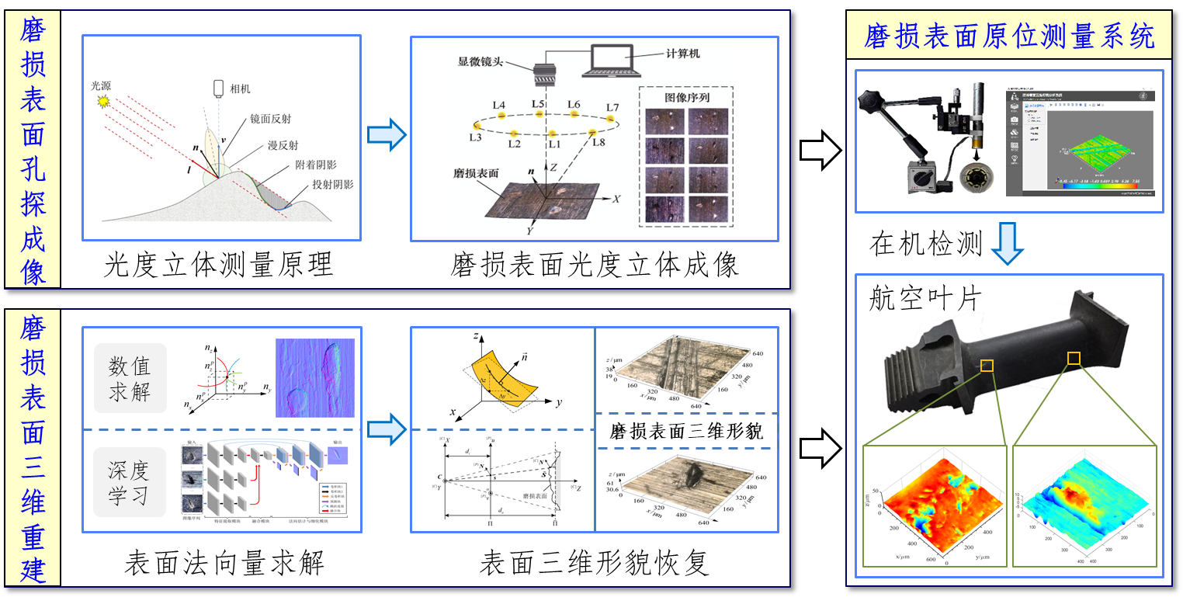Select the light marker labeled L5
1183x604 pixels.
point(539,115)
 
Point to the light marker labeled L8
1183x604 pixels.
point(592,133)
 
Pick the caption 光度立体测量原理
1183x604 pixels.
point(219,265)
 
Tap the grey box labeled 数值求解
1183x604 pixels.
point(130,378)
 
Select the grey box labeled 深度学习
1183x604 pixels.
point(130,482)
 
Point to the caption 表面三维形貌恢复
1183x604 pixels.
point(595,562)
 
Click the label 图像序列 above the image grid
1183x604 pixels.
point(686,98)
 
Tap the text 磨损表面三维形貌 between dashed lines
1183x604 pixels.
point(687,431)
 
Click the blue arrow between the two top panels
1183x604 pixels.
point(387,134)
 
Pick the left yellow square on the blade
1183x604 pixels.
point(987,365)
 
